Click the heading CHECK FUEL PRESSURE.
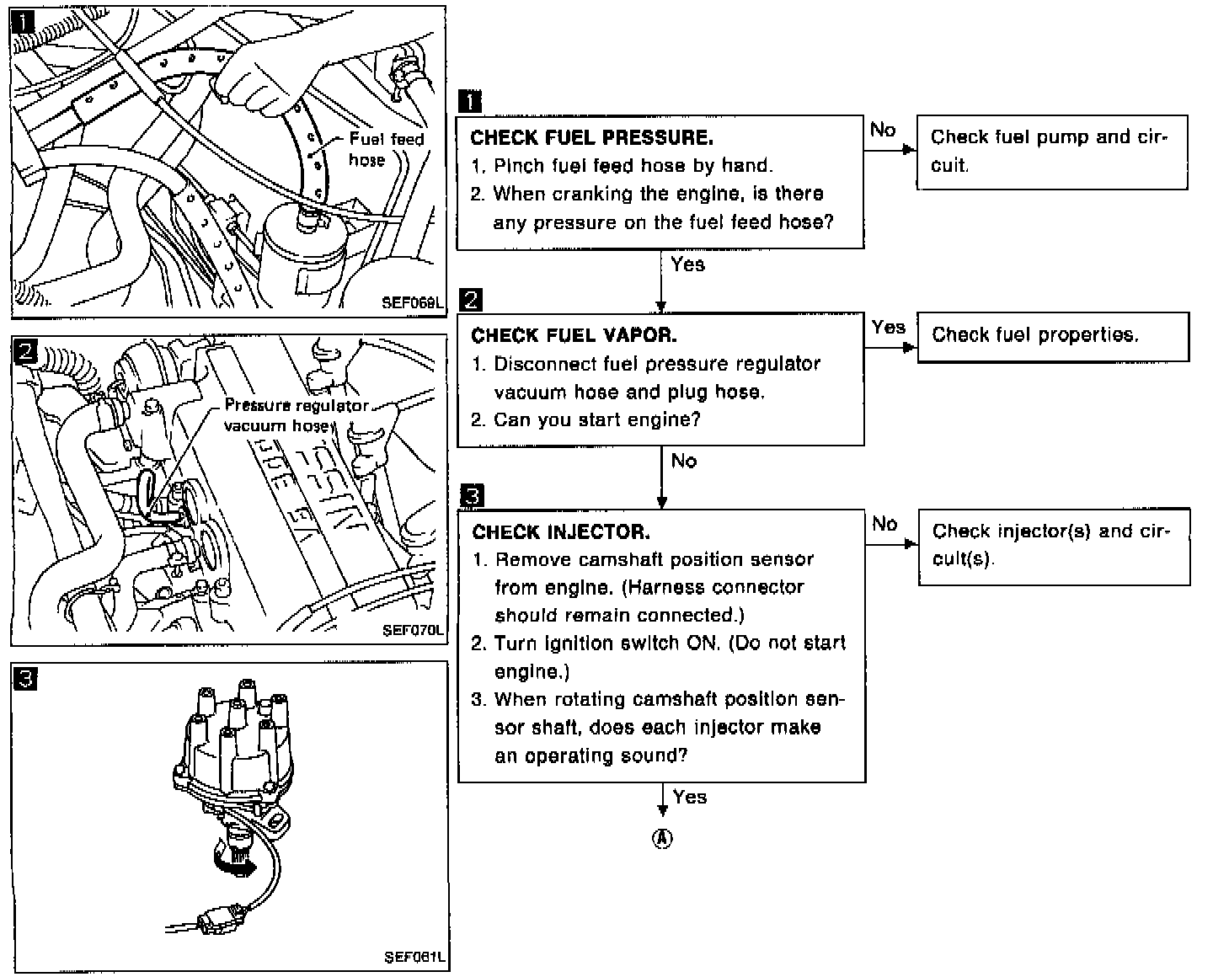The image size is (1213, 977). point(591,137)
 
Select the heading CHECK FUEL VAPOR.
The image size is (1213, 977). point(574,335)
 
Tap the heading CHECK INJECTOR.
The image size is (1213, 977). point(561,532)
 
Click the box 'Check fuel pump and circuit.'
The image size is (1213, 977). point(1051,152)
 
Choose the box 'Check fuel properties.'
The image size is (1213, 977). point(1052,336)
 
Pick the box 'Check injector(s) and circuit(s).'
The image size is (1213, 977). point(1053,546)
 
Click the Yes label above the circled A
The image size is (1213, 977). point(690,797)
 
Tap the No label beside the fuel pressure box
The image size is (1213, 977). point(883,130)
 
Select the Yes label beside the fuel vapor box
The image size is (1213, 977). point(889,327)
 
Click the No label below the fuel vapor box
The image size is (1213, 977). point(684,461)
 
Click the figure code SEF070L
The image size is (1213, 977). point(413,629)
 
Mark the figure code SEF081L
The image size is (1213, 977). point(414,957)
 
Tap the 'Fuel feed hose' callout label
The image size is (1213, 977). point(386,149)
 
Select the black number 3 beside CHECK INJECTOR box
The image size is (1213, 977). point(473,495)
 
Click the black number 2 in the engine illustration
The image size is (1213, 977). point(26,351)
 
